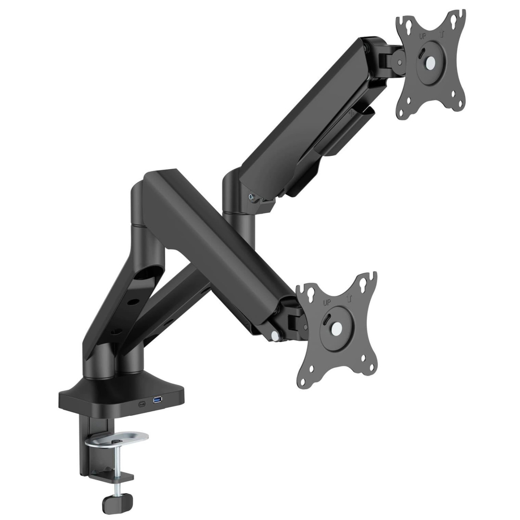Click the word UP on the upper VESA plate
tap(422, 37)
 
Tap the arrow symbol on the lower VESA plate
tap(347, 298)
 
